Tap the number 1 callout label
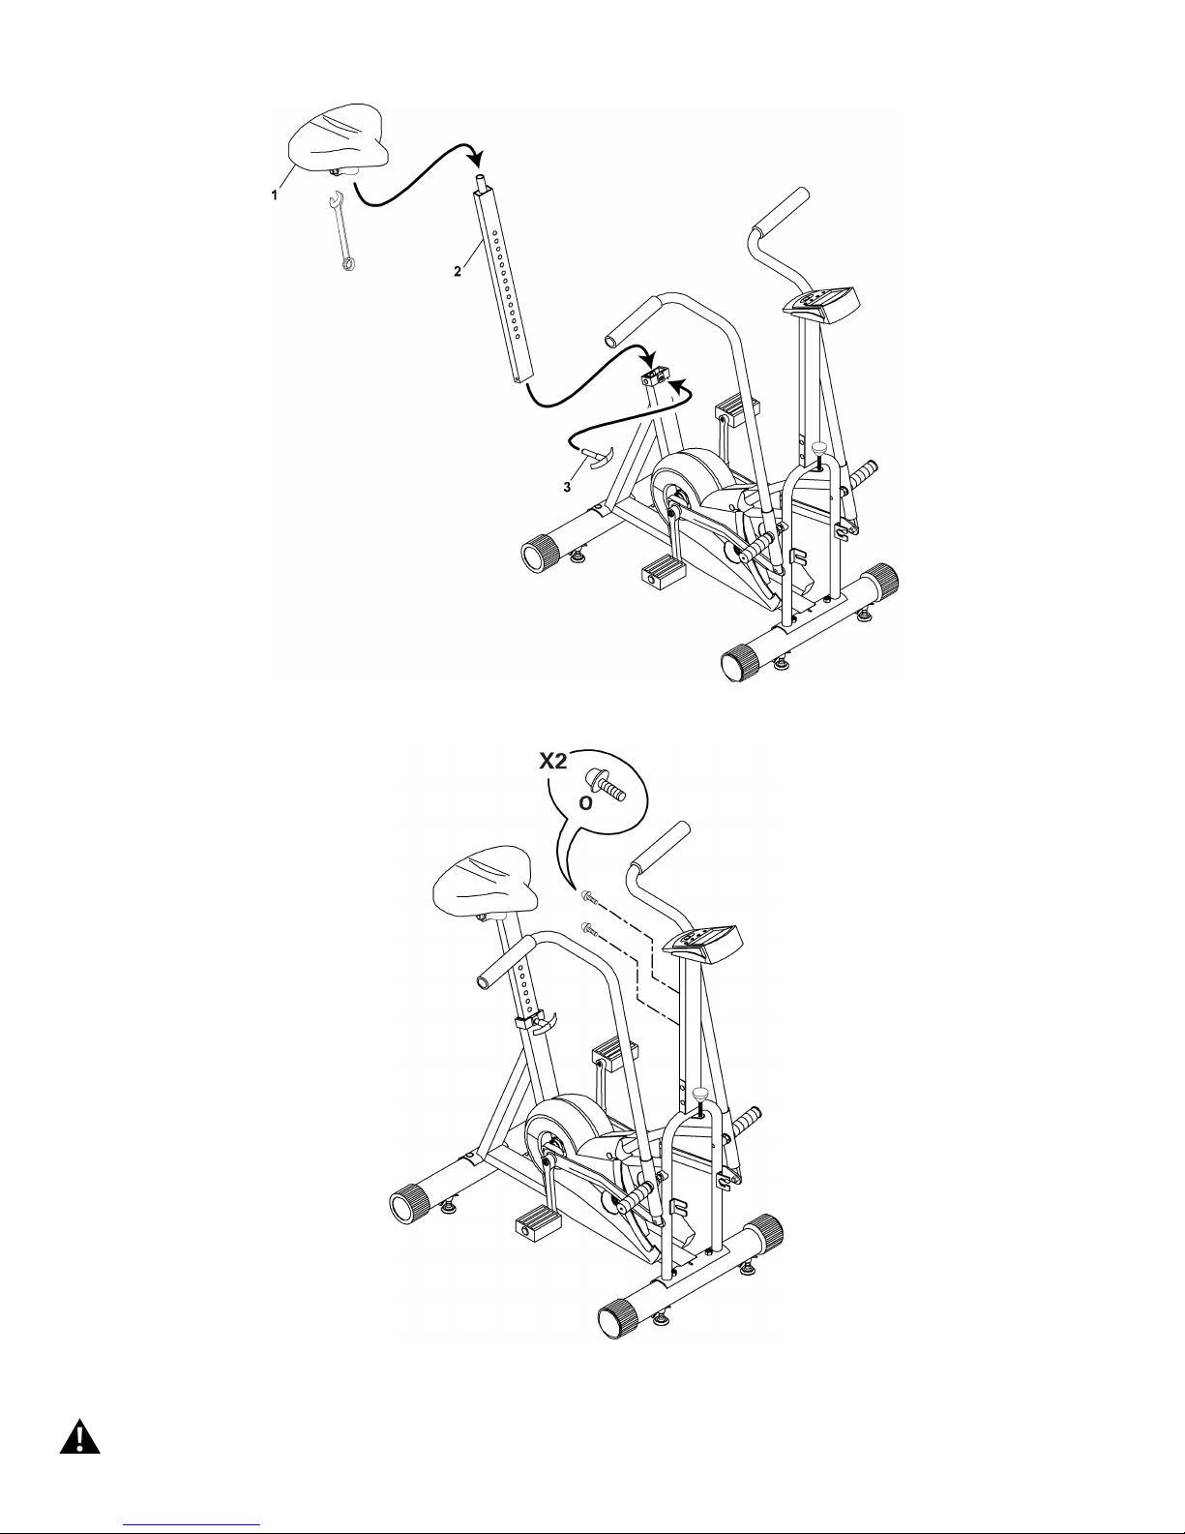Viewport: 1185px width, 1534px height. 275,196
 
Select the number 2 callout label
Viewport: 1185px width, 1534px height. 458,271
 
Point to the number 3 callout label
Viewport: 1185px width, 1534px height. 567,487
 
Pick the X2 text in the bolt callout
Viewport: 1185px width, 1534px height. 553,761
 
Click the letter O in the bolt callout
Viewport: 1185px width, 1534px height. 585,803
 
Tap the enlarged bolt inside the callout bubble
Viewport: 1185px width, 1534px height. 606,786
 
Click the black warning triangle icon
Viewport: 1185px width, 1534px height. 79,1437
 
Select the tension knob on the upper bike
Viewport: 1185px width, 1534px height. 819,449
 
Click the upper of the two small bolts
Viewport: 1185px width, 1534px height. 588,897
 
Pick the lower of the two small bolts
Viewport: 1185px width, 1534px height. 588,929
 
